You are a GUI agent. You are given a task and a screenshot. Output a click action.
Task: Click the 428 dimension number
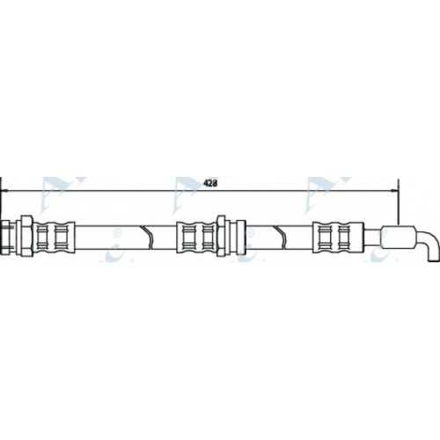pyautogui.click(x=210, y=183)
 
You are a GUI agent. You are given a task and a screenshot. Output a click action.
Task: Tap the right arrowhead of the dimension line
pyautogui.click(x=394, y=191)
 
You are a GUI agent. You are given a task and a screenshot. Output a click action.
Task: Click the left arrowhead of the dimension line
pyautogui.click(x=4, y=191)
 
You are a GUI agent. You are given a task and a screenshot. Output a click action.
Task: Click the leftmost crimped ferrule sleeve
pyautogui.click(x=55, y=237)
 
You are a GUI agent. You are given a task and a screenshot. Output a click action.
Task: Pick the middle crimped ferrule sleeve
pyautogui.click(x=196, y=237)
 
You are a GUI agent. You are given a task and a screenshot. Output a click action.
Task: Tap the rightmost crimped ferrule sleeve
pyautogui.click(x=338, y=237)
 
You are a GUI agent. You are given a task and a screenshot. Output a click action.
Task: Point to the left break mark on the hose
pyautogui.click(x=147, y=237)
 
